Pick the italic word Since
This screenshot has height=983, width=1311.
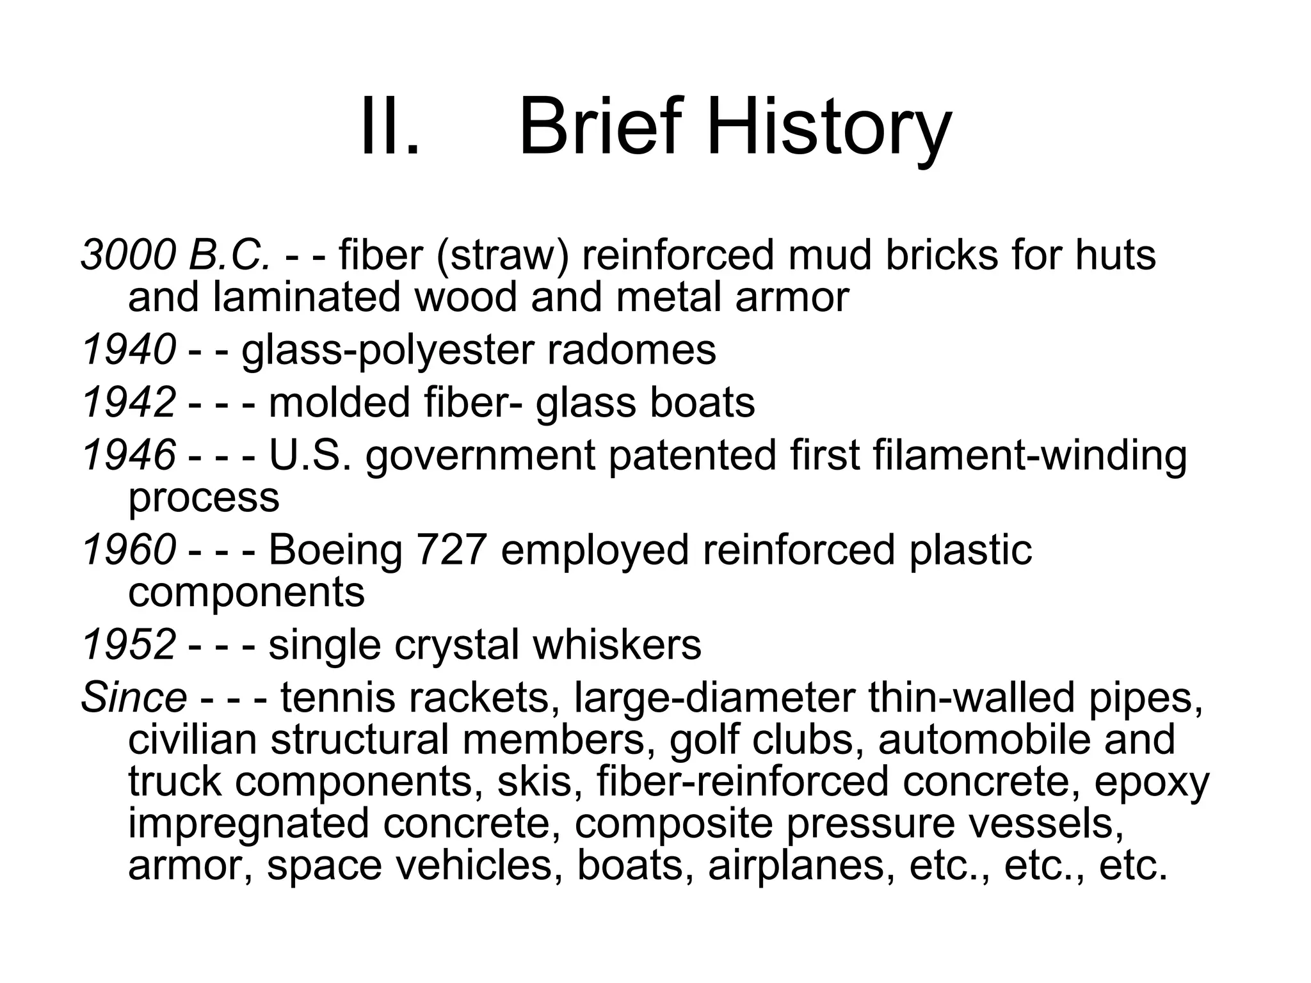coord(134,697)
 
